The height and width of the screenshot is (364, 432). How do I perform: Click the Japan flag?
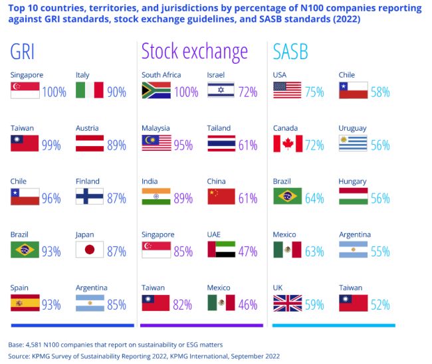(x=89, y=250)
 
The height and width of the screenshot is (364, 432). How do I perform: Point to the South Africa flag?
(x=156, y=90)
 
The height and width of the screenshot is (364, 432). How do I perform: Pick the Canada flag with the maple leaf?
(x=287, y=143)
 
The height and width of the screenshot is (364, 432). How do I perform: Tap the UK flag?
(x=287, y=303)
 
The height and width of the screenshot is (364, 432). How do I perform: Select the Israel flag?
(x=221, y=90)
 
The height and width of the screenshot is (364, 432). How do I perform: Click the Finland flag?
(x=89, y=197)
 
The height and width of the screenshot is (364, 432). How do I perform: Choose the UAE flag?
(x=221, y=250)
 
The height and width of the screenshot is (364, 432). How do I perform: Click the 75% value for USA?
(x=314, y=92)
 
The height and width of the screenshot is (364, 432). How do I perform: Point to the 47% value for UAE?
(x=248, y=251)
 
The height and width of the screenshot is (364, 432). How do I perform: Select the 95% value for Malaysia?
(x=183, y=145)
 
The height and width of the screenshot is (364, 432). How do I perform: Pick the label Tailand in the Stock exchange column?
(x=219, y=128)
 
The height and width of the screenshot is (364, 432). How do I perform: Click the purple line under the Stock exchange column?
(x=203, y=325)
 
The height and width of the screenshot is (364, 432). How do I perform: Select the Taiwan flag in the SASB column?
(x=354, y=303)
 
